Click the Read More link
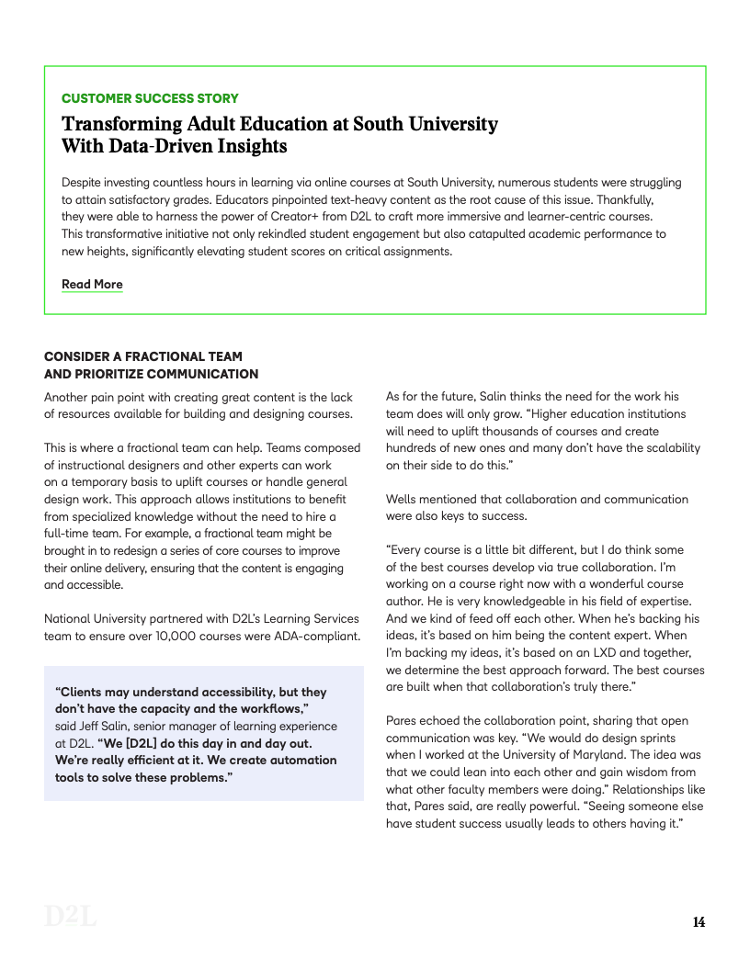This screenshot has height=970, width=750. click(x=92, y=284)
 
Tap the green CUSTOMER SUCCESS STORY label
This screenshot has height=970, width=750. click(x=150, y=98)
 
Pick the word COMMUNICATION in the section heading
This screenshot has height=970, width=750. click(x=202, y=374)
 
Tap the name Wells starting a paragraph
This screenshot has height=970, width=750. click(x=403, y=499)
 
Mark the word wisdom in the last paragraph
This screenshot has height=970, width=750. click(x=646, y=772)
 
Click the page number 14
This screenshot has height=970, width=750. click(x=699, y=922)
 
